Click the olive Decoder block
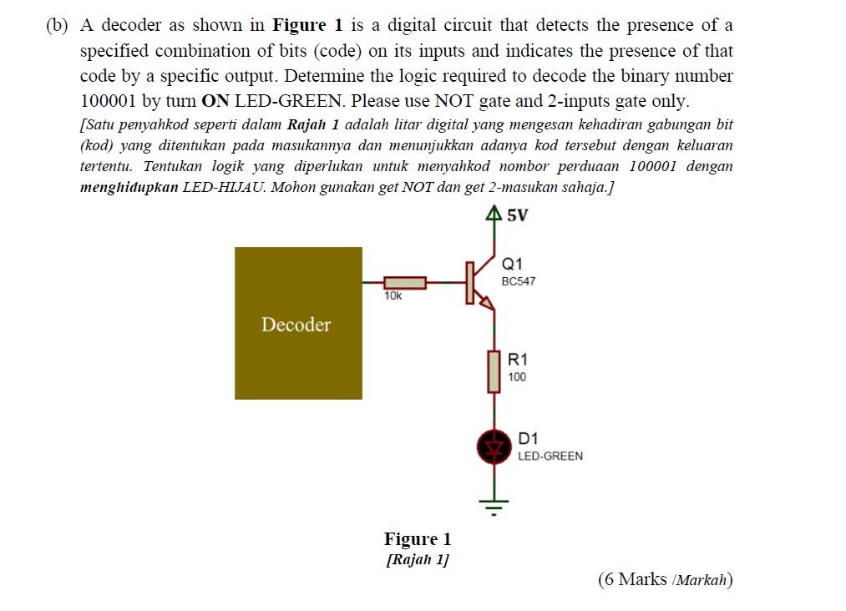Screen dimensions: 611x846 click(x=298, y=323)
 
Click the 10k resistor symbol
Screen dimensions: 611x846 click(x=405, y=283)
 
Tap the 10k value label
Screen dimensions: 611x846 click(x=393, y=296)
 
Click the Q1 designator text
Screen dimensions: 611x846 click(x=513, y=264)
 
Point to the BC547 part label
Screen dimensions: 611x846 click(x=519, y=281)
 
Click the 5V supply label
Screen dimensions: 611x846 click(x=518, y=215)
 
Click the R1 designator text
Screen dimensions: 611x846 click(x=518, y=360)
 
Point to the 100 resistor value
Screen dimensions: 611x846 click(x=517, y=377)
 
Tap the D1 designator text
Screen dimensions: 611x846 click(x=528, y=438)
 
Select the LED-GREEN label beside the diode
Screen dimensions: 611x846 click(x=550, y=457)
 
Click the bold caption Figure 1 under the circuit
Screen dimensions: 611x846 click(x=417, y=538)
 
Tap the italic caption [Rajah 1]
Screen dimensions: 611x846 click(x=417, y=559)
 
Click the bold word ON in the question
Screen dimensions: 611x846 click(x=215, y=101)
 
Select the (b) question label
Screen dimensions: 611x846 click(x=57, y=26)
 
